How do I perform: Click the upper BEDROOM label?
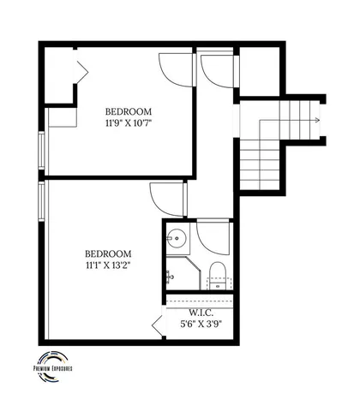coord(129,111)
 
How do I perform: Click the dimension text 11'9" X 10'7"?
coord(129,123)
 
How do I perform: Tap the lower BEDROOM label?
coord(108,253)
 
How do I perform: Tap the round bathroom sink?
coord(178,237)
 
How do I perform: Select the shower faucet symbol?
coord(171,276)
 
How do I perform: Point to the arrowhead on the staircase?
coord(317,121)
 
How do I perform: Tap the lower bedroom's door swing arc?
coord(167,200)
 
